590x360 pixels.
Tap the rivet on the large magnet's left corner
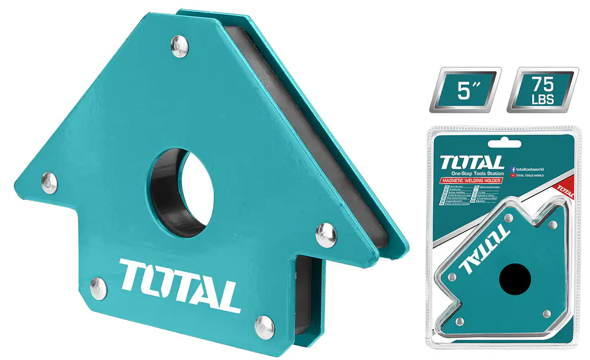pos(50,181)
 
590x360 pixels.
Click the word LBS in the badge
pos(542,99)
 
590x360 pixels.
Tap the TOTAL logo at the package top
pos(472,163)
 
